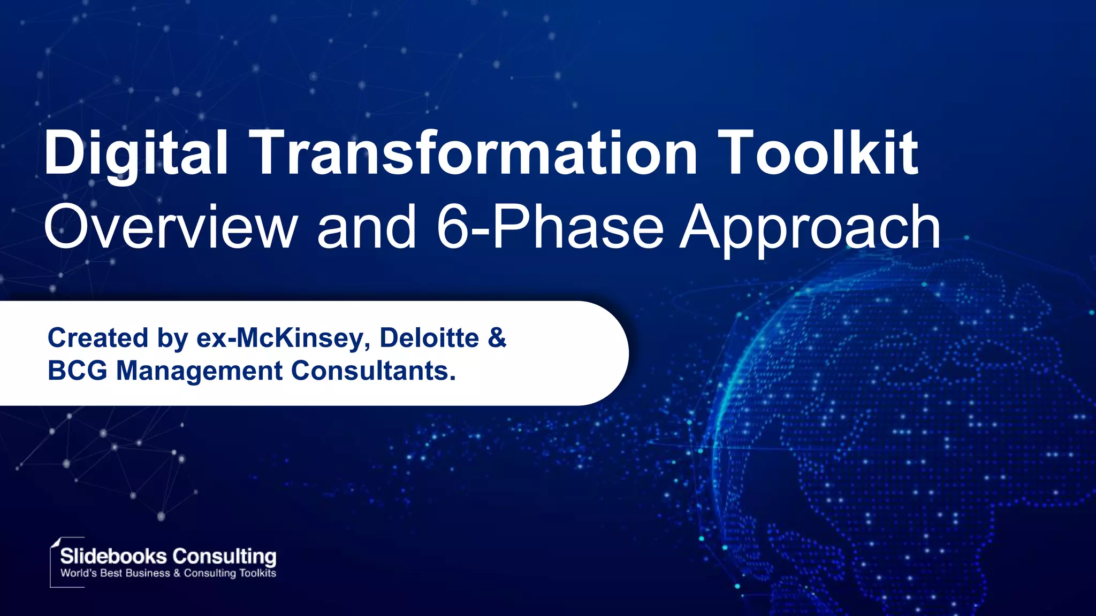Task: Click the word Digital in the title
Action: pyautogui.click(x=136, y=154)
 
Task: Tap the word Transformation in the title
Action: pyautogui.click(x=474, y=154)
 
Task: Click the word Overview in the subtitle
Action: pyautogui.click(x=170, y=228)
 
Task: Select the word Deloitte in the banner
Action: pyautogui.click(x=429, y=338)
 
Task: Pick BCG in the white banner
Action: pyautogui.click(x=77, y=371)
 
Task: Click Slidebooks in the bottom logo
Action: pyautogui.click(x=113, y=556)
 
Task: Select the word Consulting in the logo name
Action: pyautogui.click(x=224, y=556)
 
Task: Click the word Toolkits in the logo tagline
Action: pyautogui.click(x=257, y=573)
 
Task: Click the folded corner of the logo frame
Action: pyautogui.click(x=55, y=542)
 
